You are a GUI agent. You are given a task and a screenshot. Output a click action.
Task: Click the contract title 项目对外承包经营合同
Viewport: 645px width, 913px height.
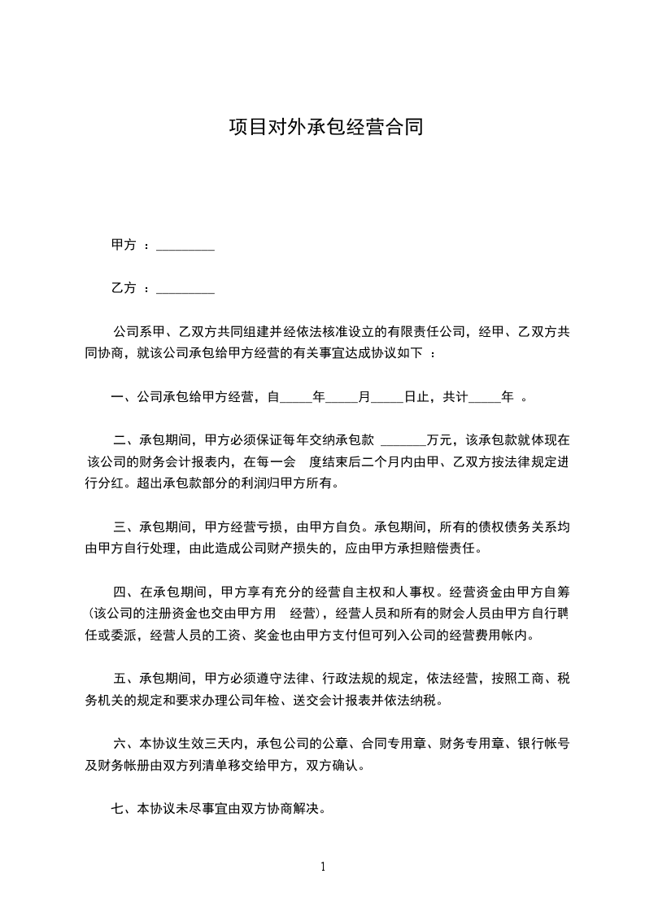(325, 128)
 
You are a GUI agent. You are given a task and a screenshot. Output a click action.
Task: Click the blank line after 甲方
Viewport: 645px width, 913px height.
(185, 247)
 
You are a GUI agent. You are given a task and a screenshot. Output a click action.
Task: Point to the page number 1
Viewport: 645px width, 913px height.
(323, 867)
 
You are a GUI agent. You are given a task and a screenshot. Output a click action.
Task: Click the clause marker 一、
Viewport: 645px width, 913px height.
(123, 397)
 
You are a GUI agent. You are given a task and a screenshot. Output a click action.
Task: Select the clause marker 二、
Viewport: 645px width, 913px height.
(126, 441)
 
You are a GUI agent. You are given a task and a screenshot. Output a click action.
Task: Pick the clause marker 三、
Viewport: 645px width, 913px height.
(126, 527)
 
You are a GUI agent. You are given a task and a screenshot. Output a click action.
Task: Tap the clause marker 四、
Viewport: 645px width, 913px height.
(126, 591)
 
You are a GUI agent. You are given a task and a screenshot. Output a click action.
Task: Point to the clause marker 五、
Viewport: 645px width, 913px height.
(126, 678)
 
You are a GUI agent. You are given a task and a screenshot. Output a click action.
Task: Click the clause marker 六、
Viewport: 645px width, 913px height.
(126, 743)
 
